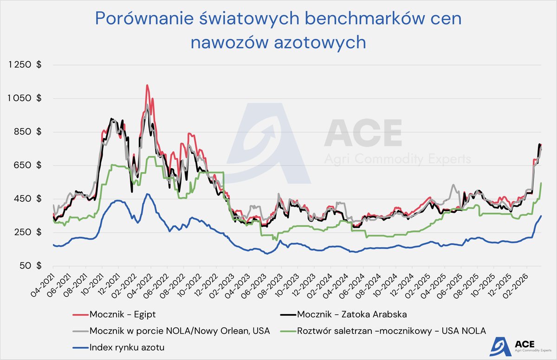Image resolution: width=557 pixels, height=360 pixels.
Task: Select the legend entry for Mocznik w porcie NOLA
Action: click(172, 330)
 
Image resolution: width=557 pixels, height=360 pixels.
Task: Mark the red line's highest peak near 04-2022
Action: click(147, 85)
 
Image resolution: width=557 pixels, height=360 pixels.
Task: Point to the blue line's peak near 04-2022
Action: click(147, 194)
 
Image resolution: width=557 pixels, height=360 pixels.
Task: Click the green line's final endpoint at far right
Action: click(541, 183)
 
